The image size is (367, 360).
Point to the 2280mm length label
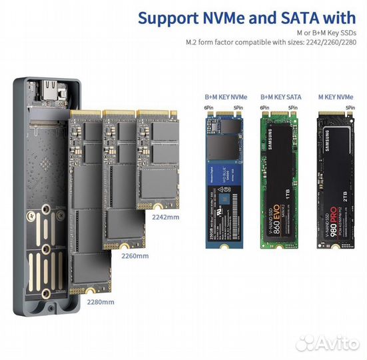100,301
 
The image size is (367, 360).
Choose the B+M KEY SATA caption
280,97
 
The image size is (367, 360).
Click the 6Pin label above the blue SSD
208,107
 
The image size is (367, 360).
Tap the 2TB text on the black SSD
344,201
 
